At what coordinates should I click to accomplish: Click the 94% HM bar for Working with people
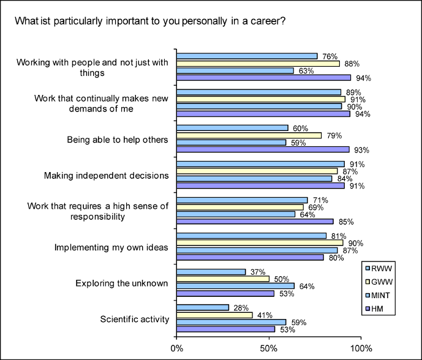[263, 78]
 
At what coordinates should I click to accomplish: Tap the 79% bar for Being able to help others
[249, 135]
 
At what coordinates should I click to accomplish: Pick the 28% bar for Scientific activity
[202, 307]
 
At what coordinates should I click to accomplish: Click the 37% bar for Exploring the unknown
[211, 271]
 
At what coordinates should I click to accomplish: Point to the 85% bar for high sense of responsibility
[255, 221]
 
